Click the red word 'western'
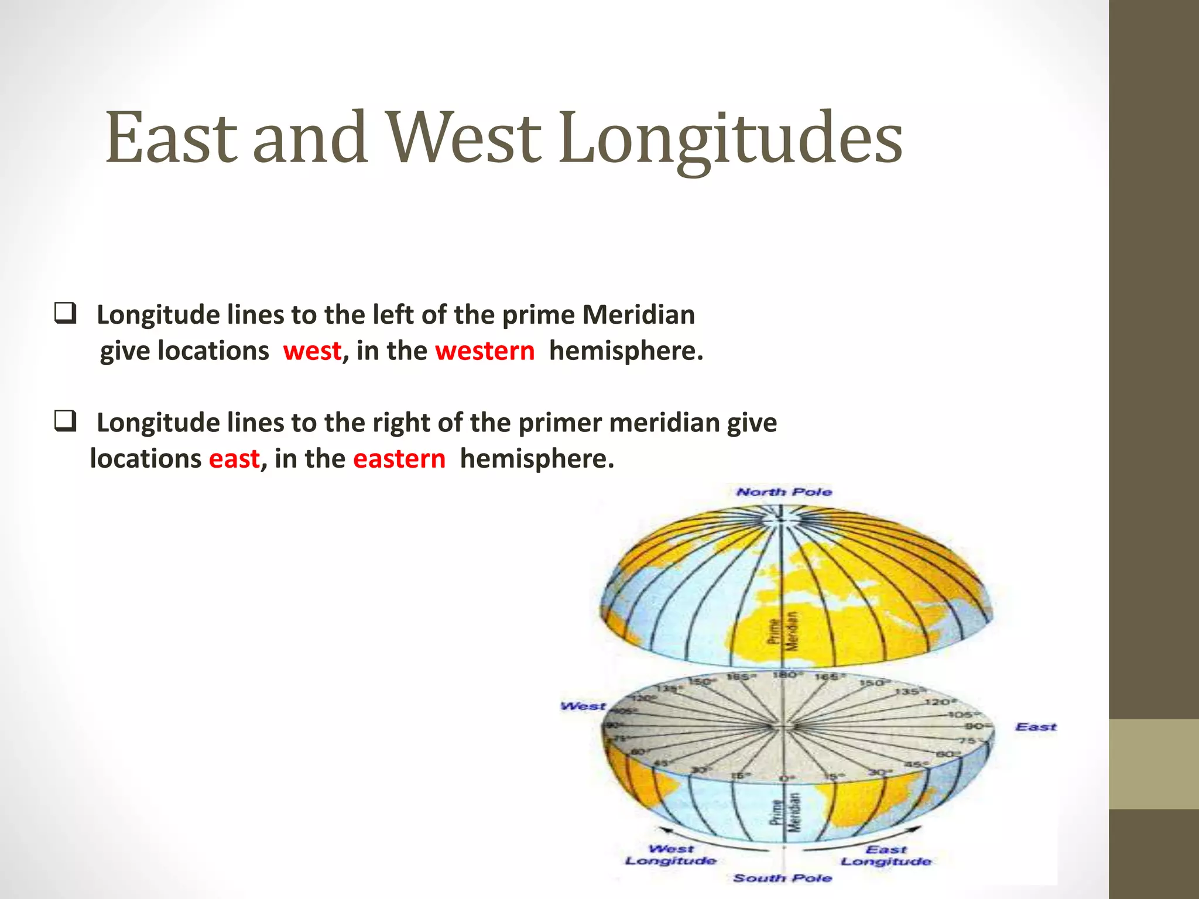(485, 351)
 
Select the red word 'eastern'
(399, 459)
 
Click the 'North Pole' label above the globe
(784, 492)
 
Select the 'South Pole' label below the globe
(783, 878)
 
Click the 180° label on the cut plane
(785, 675)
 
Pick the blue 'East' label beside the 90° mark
(1036, 727)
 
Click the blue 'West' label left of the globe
(583, 706)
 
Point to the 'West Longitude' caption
(671, 855)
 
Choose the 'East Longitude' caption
(886, 856)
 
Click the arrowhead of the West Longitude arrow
(661, 829)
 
